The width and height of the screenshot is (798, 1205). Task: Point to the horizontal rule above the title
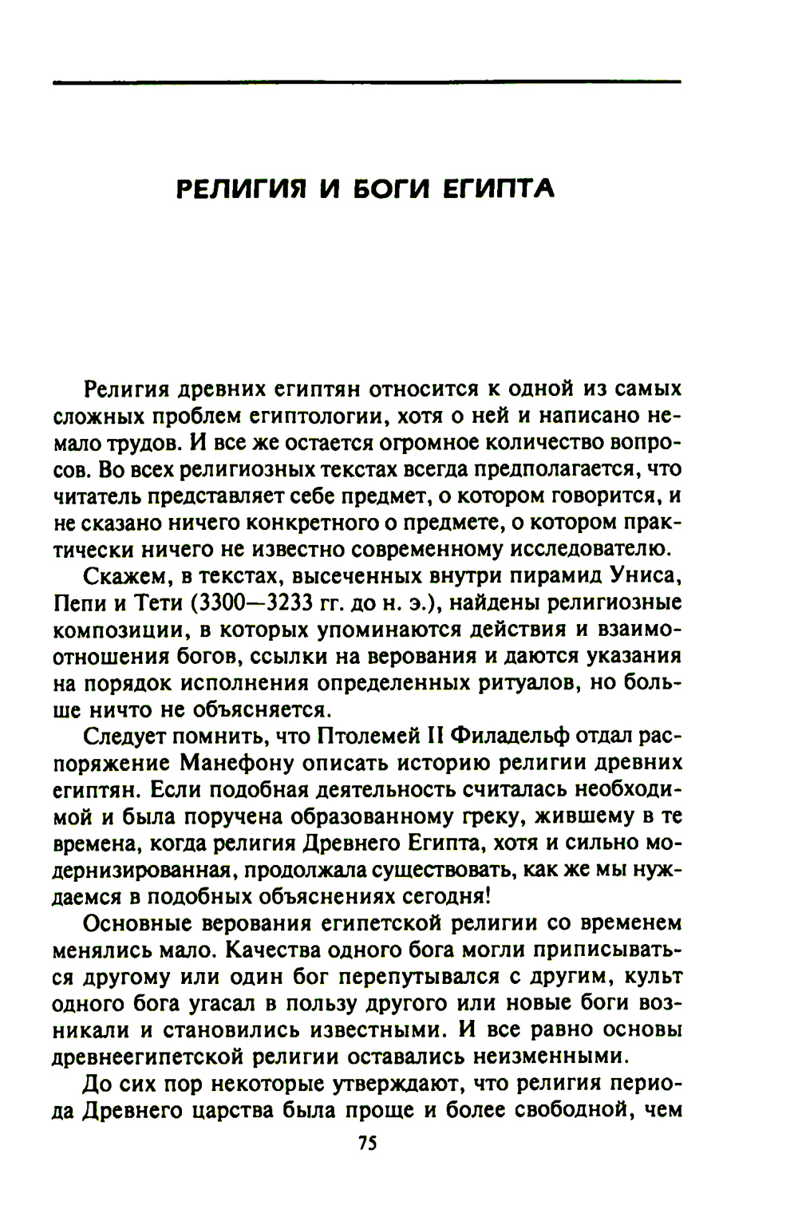(366, 81)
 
